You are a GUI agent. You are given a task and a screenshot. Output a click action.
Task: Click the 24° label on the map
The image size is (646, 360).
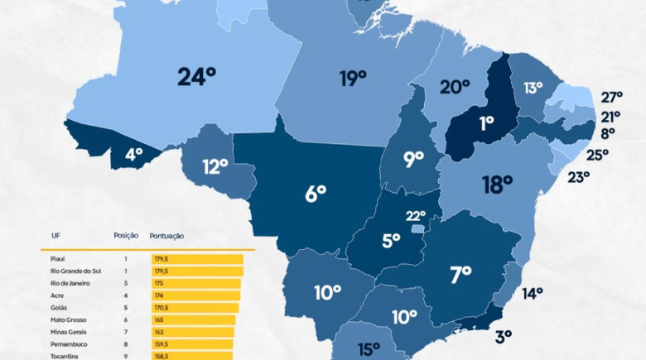pos(196,77)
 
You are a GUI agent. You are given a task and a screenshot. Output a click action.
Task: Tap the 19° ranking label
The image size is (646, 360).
pos(352,79)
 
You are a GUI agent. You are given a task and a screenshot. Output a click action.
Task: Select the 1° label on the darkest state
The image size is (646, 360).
pos(486,122)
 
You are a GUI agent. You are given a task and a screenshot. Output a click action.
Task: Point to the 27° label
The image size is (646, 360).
pos(610,96)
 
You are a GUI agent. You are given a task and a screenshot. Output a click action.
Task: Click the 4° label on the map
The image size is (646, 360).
pos(133,153)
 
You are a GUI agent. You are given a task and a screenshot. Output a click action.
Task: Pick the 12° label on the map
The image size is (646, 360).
pos(215,167)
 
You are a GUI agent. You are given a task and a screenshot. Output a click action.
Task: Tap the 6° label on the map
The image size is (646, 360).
pos(316,194)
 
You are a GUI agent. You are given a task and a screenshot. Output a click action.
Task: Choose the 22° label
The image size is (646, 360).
pos(415,216)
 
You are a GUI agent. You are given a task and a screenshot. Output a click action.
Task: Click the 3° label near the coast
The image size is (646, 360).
pos(503,335)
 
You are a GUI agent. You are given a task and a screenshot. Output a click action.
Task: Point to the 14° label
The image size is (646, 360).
pos(532,292)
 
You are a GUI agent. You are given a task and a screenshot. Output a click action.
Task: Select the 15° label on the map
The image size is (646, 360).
pos(369,349)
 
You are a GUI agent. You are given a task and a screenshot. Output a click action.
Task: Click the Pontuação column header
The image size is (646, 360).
pos(167,236)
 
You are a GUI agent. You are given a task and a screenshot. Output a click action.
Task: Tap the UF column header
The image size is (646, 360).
pos(55,236)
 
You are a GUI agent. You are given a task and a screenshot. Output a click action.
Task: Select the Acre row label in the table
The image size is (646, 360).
pos(58,295)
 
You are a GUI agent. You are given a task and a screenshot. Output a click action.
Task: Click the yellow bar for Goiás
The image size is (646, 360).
pos(195,308)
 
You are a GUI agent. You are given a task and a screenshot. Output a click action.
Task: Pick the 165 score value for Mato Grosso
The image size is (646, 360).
pos(158,319)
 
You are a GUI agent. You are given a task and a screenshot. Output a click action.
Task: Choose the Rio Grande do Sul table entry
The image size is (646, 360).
pos(75,271)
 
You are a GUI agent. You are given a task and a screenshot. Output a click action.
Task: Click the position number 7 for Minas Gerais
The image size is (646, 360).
pos(126,332)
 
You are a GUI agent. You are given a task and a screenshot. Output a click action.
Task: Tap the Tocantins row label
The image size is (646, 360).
pos(65,356)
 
